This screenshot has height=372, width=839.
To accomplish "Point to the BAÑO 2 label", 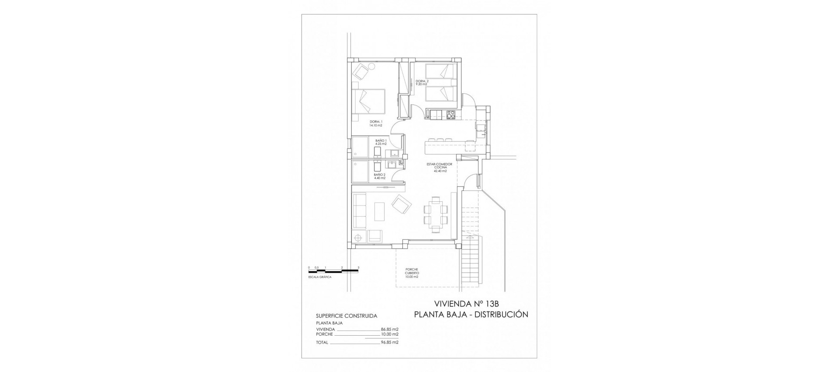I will (74, 176).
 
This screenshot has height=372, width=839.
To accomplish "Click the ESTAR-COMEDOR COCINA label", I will (440, 167).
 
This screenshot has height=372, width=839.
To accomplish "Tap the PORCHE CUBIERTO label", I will (412, 273).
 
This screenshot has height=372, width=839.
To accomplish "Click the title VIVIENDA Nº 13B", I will (470, 303).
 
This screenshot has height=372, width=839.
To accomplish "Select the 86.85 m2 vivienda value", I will (390, 329).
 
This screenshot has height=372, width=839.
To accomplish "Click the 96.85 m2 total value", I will (390, 342).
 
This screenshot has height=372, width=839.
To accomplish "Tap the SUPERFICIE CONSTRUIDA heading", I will (346, 316).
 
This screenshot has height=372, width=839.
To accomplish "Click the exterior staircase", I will (471, 263).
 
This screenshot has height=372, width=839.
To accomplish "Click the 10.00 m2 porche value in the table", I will (390, 334).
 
